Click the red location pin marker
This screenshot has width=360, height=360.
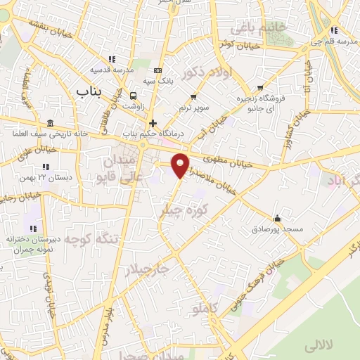point(181,165)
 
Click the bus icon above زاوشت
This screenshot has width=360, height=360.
point(134,95)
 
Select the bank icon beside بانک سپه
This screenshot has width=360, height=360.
point(157,70)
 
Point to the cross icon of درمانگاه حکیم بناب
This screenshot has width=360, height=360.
point(153,122)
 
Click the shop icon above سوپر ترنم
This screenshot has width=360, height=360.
point(193,96)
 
